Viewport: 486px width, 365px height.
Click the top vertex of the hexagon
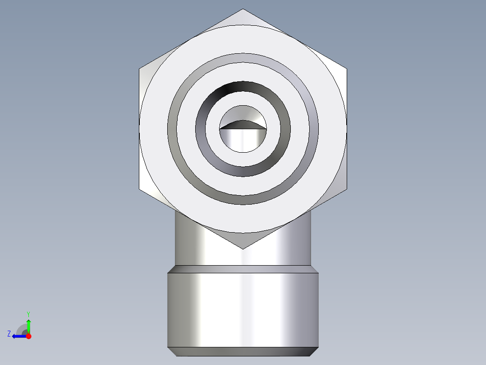(x=243, y=9)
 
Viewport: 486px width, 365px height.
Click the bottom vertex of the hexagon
(x=243, y=248)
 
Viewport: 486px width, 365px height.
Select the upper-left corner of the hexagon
(x=139, y=69)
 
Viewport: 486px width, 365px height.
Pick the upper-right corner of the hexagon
(x=346, y=69)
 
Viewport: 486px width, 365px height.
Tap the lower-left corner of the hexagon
(x=139, y=189)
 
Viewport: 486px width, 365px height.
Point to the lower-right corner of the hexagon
(x=346, y=189)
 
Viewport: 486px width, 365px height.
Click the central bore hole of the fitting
(x=243, y=138)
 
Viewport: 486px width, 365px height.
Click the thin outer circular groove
(x=243, y=57)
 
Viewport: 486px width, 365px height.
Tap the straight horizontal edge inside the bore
(x=243, y=129)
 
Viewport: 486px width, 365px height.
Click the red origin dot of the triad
(x=28, y=336)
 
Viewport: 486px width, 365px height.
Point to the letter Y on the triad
(x=28, y=314)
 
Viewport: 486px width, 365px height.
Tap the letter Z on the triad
(x=9, y=334)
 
